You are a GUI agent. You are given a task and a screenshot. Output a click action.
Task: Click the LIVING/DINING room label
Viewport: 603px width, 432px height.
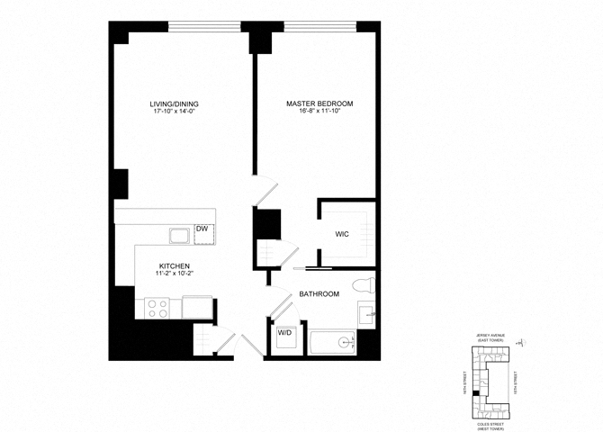click(174, 104)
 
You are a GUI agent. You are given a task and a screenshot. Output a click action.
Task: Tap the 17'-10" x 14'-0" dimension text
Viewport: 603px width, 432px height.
click(174, 112)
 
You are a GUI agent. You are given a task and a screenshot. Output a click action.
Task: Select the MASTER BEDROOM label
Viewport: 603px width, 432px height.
click(319, 104)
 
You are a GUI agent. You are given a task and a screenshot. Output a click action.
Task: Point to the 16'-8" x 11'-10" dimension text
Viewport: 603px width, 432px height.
click(319, 112)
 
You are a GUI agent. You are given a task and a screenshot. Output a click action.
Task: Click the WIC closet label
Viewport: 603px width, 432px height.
click(342, 234)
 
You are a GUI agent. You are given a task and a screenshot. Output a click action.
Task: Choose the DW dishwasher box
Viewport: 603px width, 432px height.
click(202, 230)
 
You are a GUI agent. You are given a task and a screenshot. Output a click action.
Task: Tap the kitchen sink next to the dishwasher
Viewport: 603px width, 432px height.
click(178, 236)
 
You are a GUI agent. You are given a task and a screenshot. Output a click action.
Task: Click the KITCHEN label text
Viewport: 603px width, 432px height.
click(174, 266)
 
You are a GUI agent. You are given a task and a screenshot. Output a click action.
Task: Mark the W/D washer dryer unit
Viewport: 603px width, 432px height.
click(285, 334)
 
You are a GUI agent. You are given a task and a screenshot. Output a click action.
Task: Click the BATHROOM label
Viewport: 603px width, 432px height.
click(319, 294)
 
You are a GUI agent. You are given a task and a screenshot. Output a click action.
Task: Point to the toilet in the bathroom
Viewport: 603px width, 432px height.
click(363, 286)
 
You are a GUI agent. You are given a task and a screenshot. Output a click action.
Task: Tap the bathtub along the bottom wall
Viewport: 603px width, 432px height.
click(334, 342)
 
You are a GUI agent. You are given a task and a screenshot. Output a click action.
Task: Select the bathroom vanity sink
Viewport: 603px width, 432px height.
click(367, 315)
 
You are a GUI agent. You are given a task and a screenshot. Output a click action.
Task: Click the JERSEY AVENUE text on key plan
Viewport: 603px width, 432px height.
click(491, 335)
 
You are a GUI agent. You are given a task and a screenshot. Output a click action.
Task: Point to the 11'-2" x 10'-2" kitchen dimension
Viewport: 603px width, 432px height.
click(174, 274)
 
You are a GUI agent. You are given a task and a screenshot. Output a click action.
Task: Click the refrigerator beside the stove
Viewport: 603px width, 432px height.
click(197, 308)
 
